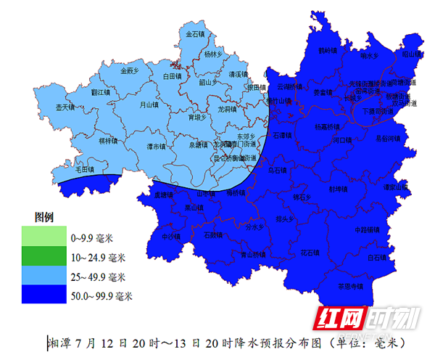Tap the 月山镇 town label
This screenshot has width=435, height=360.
(149, 105)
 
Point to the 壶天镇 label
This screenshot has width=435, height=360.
(65, 107)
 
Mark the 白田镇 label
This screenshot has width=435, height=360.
(171, 75)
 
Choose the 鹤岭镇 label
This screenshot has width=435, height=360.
(328, 51)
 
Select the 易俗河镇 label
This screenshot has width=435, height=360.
(387, 138)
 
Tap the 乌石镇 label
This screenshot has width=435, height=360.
(277, 171)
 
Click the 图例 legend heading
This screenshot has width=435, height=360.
(45, 217)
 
